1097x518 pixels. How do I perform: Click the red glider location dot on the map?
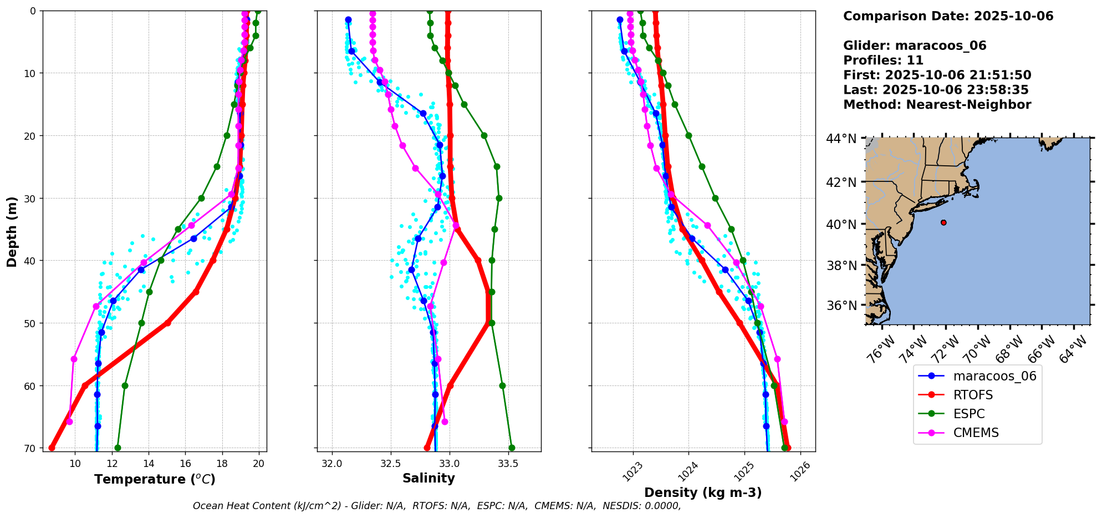pyautogui.click(x=943, y=222)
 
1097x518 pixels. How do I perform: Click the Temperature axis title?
pyautogui.click(x=155, y=479)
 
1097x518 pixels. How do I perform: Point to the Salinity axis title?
pyautogui.click(x=428, y=478)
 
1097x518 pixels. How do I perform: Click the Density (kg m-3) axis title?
pyautogui.click(x=703, y=492)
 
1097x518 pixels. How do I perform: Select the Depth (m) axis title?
pyautogui.click(x=12, y=231)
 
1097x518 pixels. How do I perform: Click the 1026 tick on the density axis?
pyautogui.click(x=798, y=471)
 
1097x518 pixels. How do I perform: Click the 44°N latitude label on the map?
pyautogui.click(x=841, y=139)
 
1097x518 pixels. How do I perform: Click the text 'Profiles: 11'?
pyautogui.click(x=884, y=60)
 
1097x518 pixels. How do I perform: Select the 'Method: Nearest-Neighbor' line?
pyautogui.click(x=937, y=105)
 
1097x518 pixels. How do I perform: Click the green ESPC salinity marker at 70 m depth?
pyautogui.click(x=512, y=448)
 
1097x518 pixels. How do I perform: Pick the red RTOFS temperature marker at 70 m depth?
pyautogui.click(x=52, y=448)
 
